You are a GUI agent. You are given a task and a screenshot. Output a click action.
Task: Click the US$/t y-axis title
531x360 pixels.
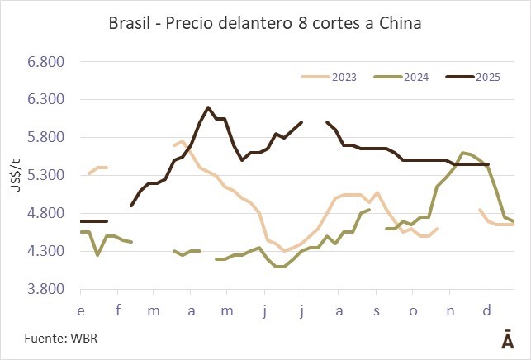click(x=15, y=176)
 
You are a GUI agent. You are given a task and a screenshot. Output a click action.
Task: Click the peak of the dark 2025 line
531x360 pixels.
click(x=207, y=107)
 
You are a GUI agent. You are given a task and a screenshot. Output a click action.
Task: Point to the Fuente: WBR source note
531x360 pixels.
click(x=47, y=339)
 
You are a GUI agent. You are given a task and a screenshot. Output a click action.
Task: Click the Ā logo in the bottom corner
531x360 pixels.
click(x=505, y=340)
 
